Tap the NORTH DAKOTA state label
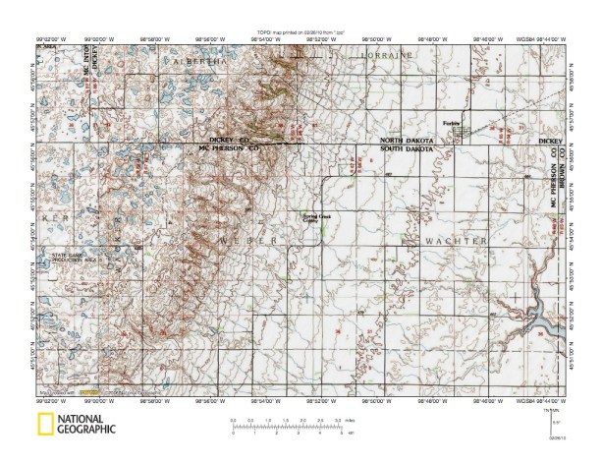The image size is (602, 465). point(406,142)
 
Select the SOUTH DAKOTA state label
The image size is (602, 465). point(406,148)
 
